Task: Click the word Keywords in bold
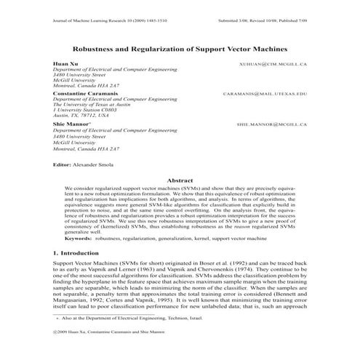(79, 238)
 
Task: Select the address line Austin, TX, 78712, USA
(81, 115)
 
